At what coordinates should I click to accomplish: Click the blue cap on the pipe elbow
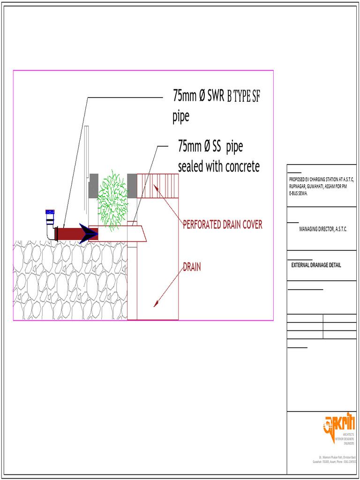tap(50, 213)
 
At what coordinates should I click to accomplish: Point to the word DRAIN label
tap(192, 267)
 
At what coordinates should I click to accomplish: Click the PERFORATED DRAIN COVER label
tap(222, 225)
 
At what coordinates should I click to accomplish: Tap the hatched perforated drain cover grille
tap(157, 186)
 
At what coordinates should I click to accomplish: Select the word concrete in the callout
tap(237, 166)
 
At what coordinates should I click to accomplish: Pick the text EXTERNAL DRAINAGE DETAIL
tap(316, 265)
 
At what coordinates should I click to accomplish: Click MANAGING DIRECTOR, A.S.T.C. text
tap(323, 229)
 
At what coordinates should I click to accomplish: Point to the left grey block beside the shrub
tap(93, 186)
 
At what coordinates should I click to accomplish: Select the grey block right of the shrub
tap(132, 186)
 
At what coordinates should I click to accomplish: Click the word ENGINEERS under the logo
tap(349, 443)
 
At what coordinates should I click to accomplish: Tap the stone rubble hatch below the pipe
tap(70, 281)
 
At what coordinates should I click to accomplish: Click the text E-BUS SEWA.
tap(299, 193)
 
